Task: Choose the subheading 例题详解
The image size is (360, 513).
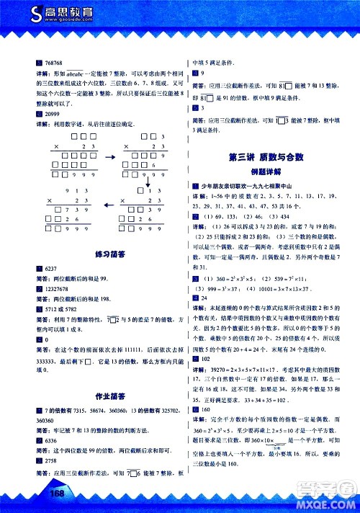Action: click(x=264, y=173)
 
